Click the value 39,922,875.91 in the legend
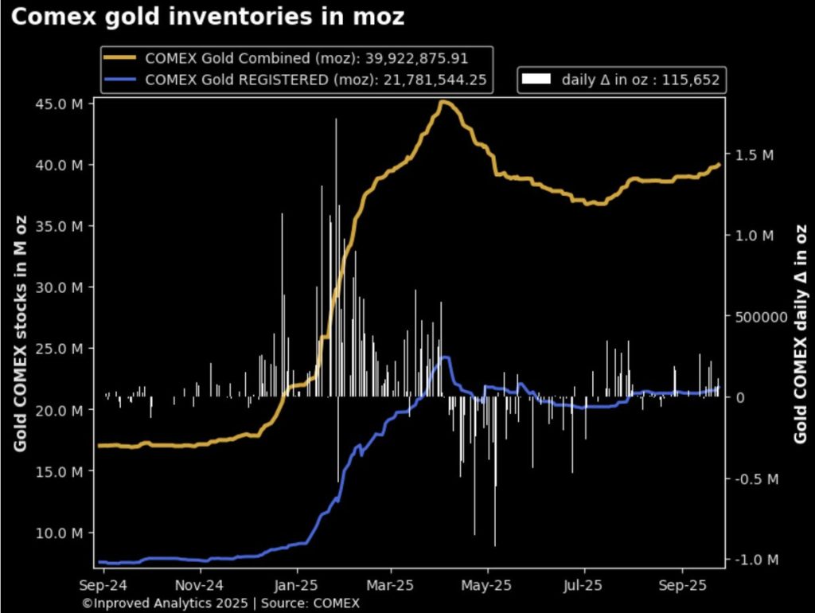pyautogui.click(x=427, y=58)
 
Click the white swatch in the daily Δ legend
pyautogui.click(x=537, y=79)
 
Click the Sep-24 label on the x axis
pyautogui.click(x=103, y=584)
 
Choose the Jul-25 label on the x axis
pyautogui.click(x=584, y=584)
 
